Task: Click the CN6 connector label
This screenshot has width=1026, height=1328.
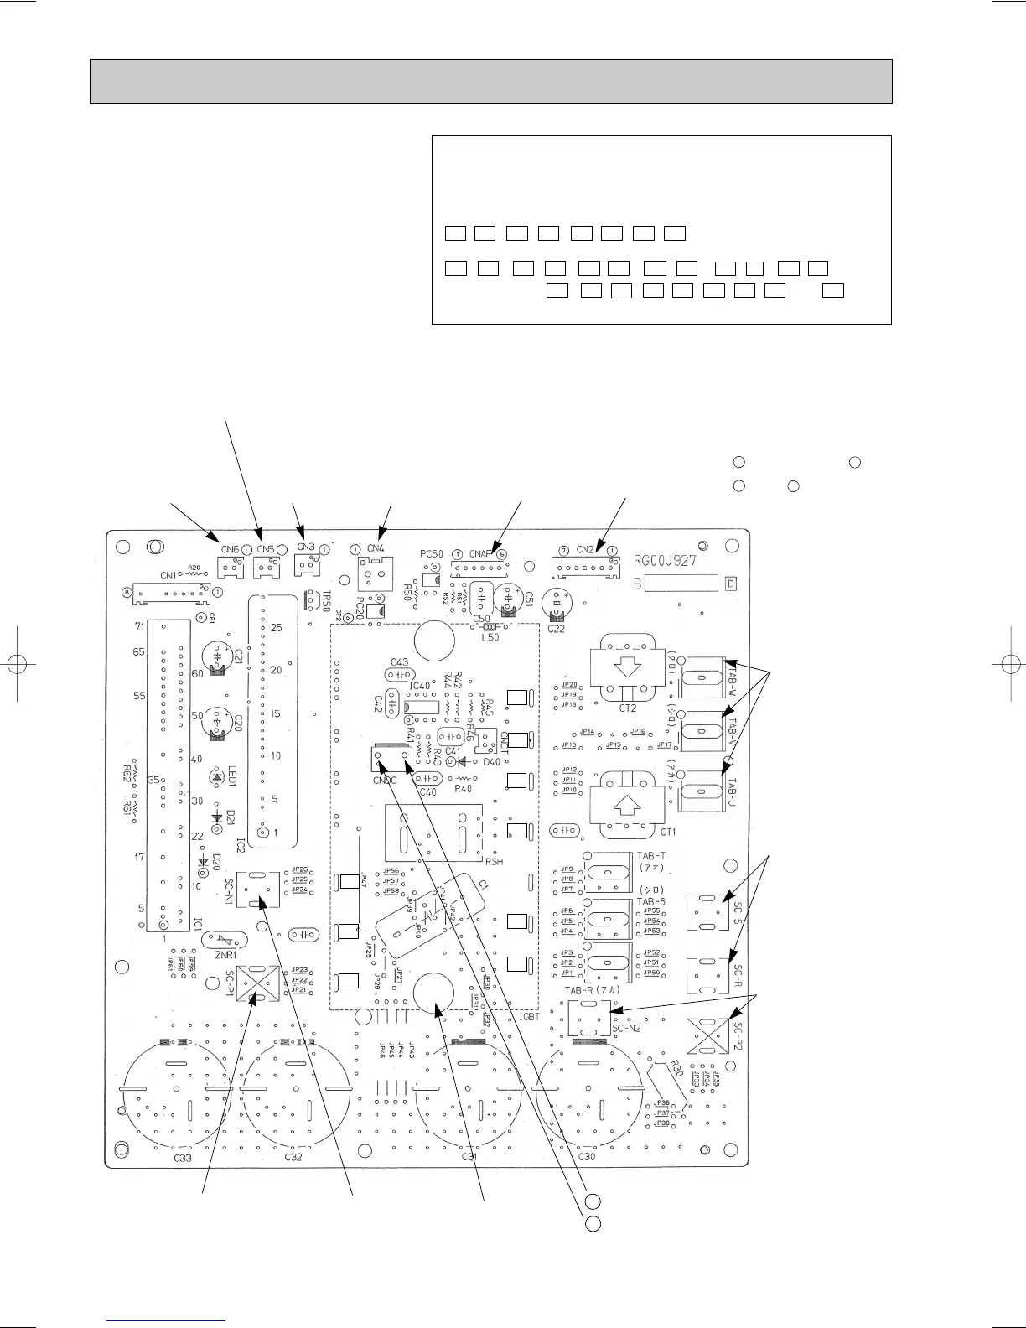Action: [x=230, y=549]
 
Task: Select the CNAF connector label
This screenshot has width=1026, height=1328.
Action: [x=479, y=553]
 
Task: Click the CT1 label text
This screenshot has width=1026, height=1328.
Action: [x=668, y=831]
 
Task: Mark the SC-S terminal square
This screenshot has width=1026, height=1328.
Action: [x=706, y=912]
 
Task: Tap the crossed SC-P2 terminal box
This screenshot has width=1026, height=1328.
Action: [x=706, y=1036]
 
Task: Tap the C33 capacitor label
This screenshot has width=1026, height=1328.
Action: [x=183, y=1157]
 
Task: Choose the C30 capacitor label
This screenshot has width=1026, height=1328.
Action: [x=587, y=1157]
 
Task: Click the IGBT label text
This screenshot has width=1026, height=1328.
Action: [x=529, y=1016]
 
